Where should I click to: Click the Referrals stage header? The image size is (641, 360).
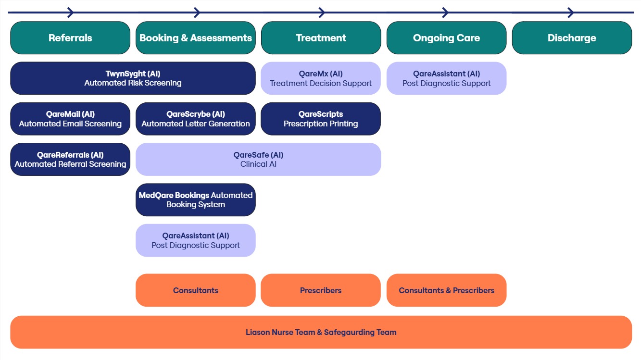[70, 38]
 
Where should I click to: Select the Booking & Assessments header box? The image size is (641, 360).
[195, 38]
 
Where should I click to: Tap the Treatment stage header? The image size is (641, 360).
[321, 38]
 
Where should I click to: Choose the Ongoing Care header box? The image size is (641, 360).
[446, 38]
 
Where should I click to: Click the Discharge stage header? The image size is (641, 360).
[572, 38]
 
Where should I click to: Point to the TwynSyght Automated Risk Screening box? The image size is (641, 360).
[133, 78]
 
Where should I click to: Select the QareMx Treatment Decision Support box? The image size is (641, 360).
[321, 78]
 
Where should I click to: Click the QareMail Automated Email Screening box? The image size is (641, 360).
[70, 119]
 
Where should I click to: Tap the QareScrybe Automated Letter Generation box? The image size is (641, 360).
[195, 119]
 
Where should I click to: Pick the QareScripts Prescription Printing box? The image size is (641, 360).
[321, 119]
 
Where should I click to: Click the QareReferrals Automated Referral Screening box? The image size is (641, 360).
[70, 159]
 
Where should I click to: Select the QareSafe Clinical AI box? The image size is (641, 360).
[258, 159]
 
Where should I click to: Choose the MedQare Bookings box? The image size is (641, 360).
[195, 200]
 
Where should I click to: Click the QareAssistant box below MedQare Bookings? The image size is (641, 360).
[195, 240]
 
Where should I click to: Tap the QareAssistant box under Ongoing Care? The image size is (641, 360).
[446, 78]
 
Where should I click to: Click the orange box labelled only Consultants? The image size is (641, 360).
[195, 290]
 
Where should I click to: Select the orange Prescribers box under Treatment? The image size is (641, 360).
[321, 290]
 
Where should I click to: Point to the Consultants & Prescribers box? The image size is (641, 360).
[446, 290]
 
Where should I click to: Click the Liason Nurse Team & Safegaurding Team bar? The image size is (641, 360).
[321, 332]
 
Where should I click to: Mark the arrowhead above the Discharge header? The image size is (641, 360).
[571, 12]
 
